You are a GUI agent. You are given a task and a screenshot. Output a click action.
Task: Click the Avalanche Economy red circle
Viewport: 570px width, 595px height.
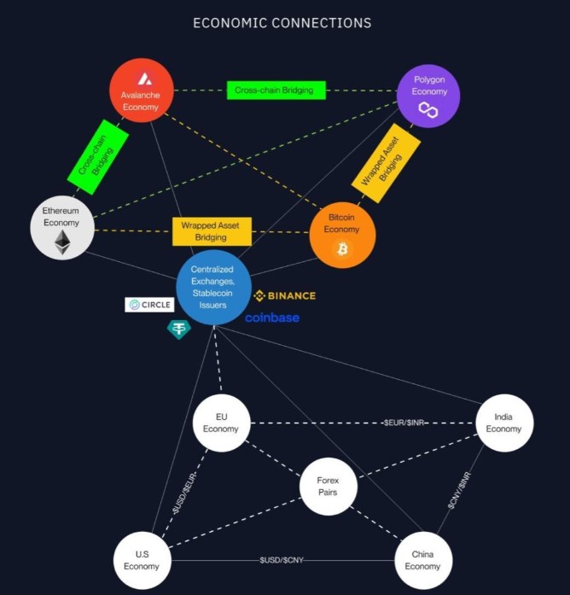click(x=142, y=90)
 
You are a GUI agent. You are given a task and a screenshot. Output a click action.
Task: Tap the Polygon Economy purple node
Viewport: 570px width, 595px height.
click(x=428, y=96)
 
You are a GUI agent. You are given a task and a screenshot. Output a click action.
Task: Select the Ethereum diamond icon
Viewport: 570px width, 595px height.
click(x=62, y=242)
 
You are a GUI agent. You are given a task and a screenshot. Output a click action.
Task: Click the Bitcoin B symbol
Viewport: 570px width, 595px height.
click(x=342, y=249)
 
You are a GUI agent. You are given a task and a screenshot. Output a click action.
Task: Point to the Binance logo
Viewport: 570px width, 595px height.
click(x=284, y=295)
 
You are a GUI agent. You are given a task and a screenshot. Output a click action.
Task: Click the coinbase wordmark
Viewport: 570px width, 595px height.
click(x=272, y=318)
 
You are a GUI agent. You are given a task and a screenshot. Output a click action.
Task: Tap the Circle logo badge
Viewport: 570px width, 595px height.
click(x=149, y=305)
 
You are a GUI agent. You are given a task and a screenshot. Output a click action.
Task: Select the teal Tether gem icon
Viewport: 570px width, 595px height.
click(x=179, y=330)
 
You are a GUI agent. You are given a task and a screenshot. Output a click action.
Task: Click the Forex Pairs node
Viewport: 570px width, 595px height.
click(x=328, y=487)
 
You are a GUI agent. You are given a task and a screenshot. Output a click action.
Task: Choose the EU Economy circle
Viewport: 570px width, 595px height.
click(x=222, y=423)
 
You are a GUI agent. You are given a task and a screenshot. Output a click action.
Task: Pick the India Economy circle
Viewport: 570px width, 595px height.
click(x=504, y=423)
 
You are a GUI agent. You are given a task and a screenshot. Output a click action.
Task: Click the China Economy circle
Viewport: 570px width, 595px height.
click(x=423, y=561)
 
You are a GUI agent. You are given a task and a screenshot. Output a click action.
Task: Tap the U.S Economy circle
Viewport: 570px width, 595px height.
click(x=142, y=561)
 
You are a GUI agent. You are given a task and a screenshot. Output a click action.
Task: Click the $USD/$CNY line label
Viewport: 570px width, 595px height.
click(x=282, y=560)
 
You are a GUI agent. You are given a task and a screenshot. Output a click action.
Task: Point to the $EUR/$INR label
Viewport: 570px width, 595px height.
click(x=404, y=423)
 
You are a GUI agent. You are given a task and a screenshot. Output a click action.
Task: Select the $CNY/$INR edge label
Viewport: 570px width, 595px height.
click(x=459, y=491)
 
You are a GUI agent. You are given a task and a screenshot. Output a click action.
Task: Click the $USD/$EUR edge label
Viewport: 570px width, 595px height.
click(x=184, y=493)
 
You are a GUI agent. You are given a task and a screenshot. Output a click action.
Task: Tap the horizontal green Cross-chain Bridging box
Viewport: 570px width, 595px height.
click(x=276, y=90)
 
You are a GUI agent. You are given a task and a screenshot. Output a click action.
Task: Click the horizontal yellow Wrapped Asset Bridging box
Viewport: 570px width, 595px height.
click(x=212, y=231)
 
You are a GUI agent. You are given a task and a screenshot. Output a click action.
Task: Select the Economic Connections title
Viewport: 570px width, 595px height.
click(x=282, y=23)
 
